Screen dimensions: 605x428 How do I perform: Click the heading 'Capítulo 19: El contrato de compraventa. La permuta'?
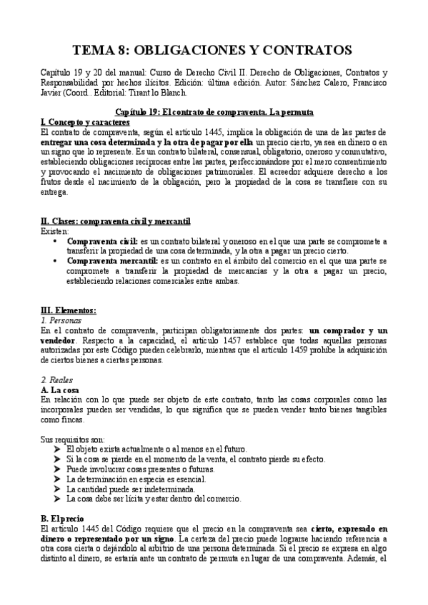click(x=214, y=113)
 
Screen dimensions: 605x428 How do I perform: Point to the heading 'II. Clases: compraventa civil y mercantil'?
click(x=115, y=222)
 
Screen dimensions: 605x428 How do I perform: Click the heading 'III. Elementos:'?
click(x=69, y=310)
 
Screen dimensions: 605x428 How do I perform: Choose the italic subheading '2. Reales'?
click(x=56, y=380)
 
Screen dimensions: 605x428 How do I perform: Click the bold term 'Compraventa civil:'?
click(x=107, y=242)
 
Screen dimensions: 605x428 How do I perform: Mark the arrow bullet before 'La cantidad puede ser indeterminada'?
click(x=56, y=489)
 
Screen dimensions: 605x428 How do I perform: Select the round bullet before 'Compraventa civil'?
click(x=55, y=242)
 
